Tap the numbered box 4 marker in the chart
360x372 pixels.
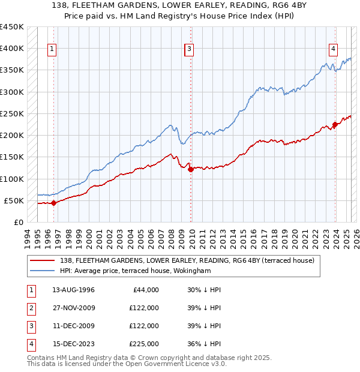pyautogui.click(x=333, y=49)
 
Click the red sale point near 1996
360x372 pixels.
pyautogui.click(x=53, y=203)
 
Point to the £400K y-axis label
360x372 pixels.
pyautogui.click(x=12, y=49)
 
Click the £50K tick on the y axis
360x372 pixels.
pyautogui.click(x=14, y=200)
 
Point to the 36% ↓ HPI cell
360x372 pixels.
pyautogui.click(x=204, y=344)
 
